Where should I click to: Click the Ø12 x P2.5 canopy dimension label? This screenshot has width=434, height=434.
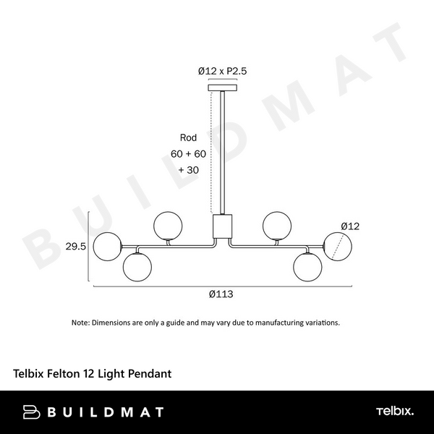click(222, 71)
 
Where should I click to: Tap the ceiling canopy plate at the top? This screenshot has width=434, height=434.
click(223, 88)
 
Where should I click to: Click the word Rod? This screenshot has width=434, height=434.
click(188, 137)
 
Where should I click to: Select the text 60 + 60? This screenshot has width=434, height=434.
click(188, 153)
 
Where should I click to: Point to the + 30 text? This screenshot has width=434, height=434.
click(189, 170)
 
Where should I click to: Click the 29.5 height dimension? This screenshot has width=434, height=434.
click(75, 247)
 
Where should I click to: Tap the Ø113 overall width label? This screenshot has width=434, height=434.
click(221, 294)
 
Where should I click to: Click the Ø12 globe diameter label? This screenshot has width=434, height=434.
click(350, 226)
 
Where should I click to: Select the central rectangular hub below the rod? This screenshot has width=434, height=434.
click(222, 226)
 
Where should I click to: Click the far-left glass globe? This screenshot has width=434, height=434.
click(107, 247)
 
